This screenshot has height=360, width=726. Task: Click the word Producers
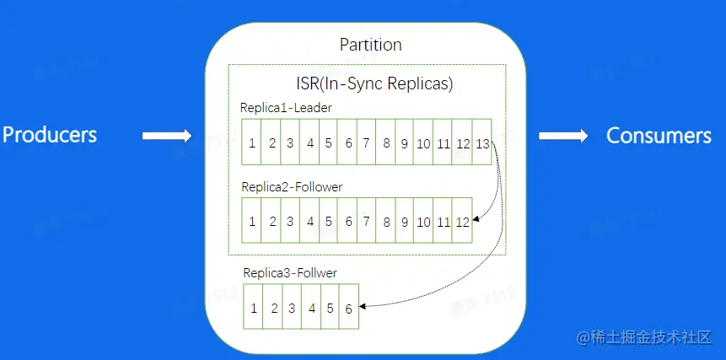(50, 135)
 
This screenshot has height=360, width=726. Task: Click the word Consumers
(659, 136)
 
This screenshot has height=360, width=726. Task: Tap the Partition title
(370, 45)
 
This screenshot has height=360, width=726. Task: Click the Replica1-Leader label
(286, 108)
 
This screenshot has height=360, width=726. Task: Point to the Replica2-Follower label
(292, 186)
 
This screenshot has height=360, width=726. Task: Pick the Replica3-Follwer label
(290, 273)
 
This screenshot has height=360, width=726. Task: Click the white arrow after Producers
(165, 136)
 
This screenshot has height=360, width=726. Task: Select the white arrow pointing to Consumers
(563, 136)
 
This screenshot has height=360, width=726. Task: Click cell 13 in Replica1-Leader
(482, 142)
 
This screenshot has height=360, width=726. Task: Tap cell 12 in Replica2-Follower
(462, 222)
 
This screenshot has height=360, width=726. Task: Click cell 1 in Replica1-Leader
(252, 142)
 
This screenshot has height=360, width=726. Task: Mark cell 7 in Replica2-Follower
(366, 222)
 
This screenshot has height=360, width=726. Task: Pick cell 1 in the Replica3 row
(253, 309)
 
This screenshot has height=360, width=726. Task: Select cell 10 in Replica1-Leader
(423, 142)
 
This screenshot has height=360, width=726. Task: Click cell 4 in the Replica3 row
(312, 309)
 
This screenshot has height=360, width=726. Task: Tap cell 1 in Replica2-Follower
(252, 222)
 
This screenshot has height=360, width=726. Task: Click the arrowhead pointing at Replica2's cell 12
(476, 221)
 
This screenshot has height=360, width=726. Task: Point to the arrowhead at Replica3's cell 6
(364, 305)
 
